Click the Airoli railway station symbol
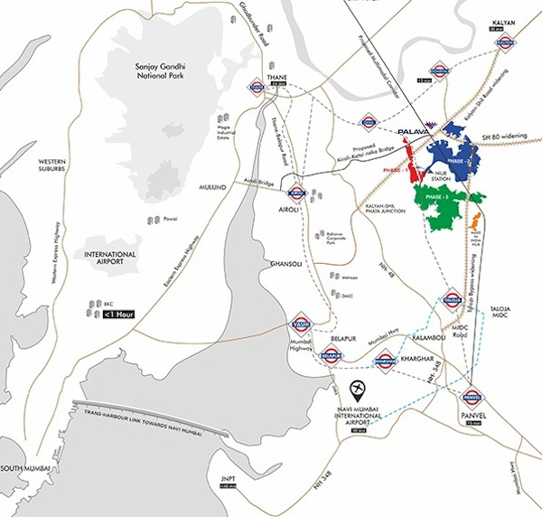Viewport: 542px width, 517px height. click(296, 192)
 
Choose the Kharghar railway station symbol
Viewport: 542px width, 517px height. click(386, 357)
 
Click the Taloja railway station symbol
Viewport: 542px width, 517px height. click(453, 297)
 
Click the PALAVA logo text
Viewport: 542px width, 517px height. click(414, 130)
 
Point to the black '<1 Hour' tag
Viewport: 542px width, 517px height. click(119, 315)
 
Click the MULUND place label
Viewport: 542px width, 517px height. click(218, 188)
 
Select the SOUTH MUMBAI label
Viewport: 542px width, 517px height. click(23, 468)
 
